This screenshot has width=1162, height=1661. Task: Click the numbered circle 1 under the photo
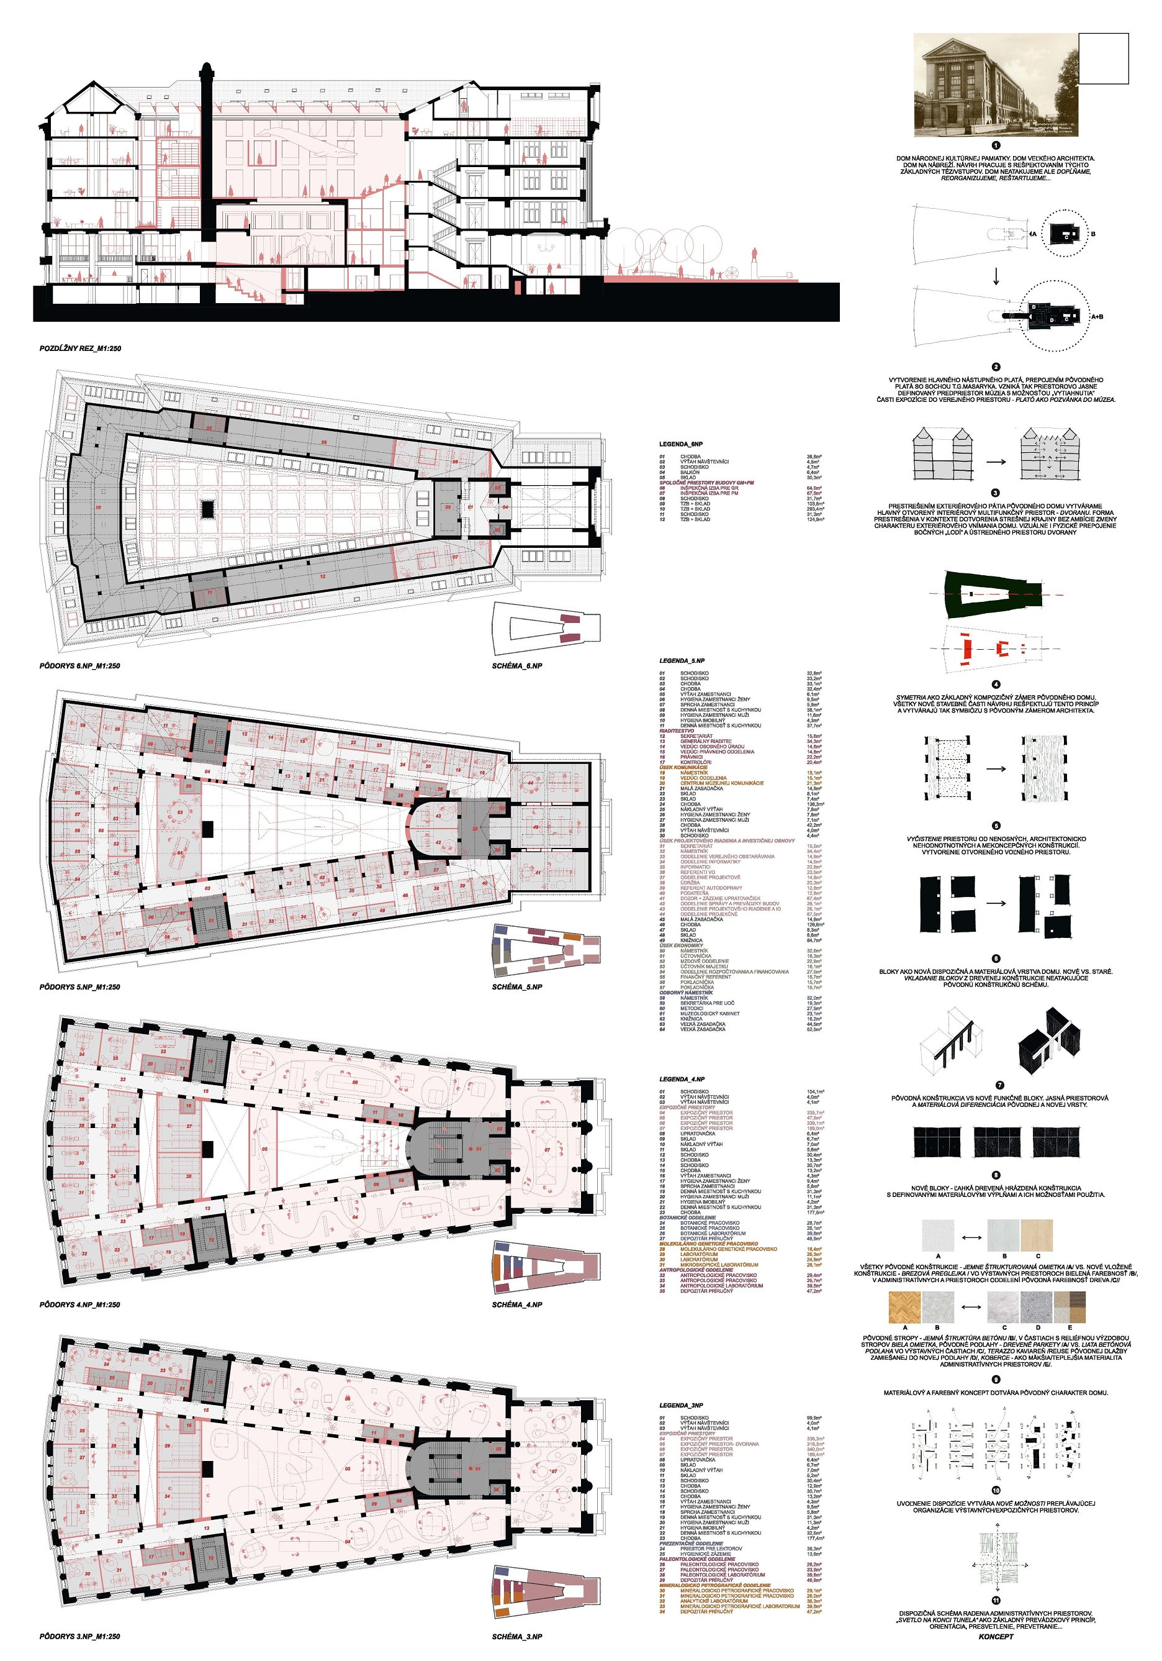coord(996,145)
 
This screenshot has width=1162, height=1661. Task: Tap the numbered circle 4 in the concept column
coord(996,684)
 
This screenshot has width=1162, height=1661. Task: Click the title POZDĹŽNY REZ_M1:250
coord(80,348)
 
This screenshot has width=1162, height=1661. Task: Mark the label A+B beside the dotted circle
coord(1096,316)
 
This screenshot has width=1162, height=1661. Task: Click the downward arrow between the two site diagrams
coord(996,276)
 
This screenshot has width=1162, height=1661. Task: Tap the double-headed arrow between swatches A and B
coord(970,1237)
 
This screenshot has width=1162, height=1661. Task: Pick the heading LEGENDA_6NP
coord(680,444)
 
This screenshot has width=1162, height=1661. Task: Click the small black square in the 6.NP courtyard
coord(207,509)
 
